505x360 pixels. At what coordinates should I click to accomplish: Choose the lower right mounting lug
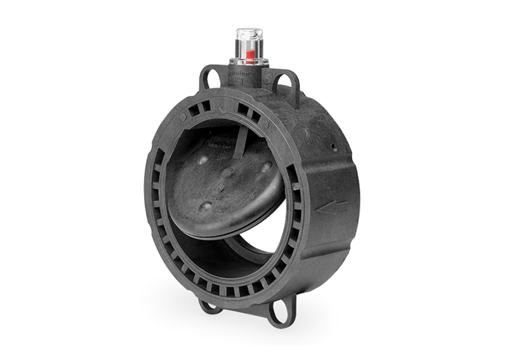[280, 312]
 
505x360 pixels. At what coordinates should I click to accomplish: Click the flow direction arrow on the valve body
[333, 207]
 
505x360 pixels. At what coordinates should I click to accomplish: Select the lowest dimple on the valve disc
[206, 207]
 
